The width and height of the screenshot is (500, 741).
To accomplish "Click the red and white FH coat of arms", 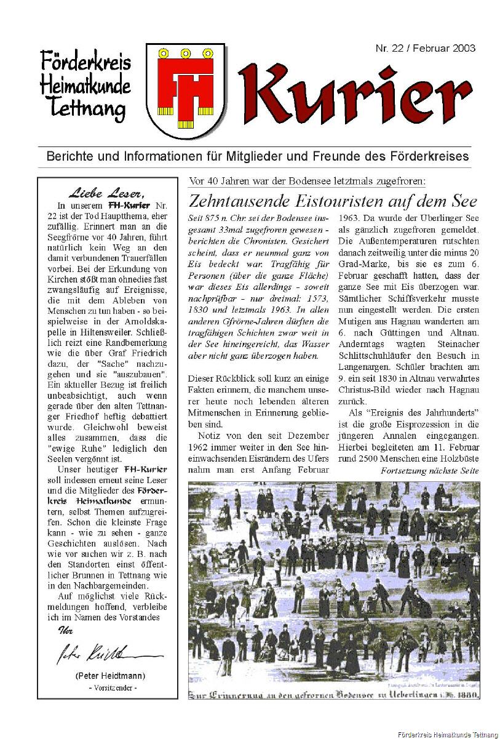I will [186, 90].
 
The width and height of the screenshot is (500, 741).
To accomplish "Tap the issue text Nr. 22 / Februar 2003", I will [425, 49].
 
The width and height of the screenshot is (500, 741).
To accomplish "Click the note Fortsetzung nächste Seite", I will [429, 471].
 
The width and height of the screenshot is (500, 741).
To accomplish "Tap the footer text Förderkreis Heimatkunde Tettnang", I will [447, 736].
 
